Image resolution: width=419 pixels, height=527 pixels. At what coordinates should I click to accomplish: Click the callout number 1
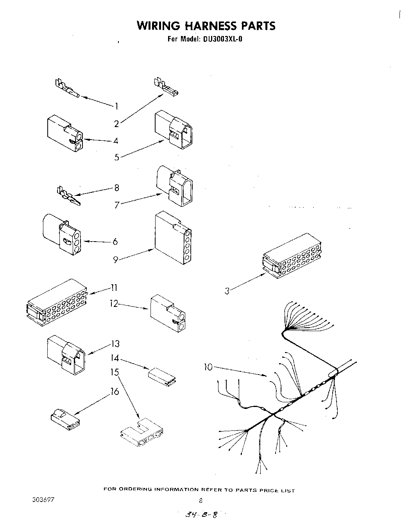(x=116, y=106)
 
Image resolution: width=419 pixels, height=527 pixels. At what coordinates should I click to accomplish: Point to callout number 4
(x=116, y=141)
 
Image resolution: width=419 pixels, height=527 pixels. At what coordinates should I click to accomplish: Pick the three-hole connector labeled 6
(x=62, y=233)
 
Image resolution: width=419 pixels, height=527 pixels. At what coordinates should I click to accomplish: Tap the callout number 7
(x=116, y=205)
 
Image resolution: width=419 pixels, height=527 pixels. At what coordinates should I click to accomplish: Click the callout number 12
(x=113, y=303)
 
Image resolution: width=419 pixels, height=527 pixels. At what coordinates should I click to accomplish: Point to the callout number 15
(x=114, y=372)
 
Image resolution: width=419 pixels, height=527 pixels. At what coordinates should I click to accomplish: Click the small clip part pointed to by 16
(x=65, y=416)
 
